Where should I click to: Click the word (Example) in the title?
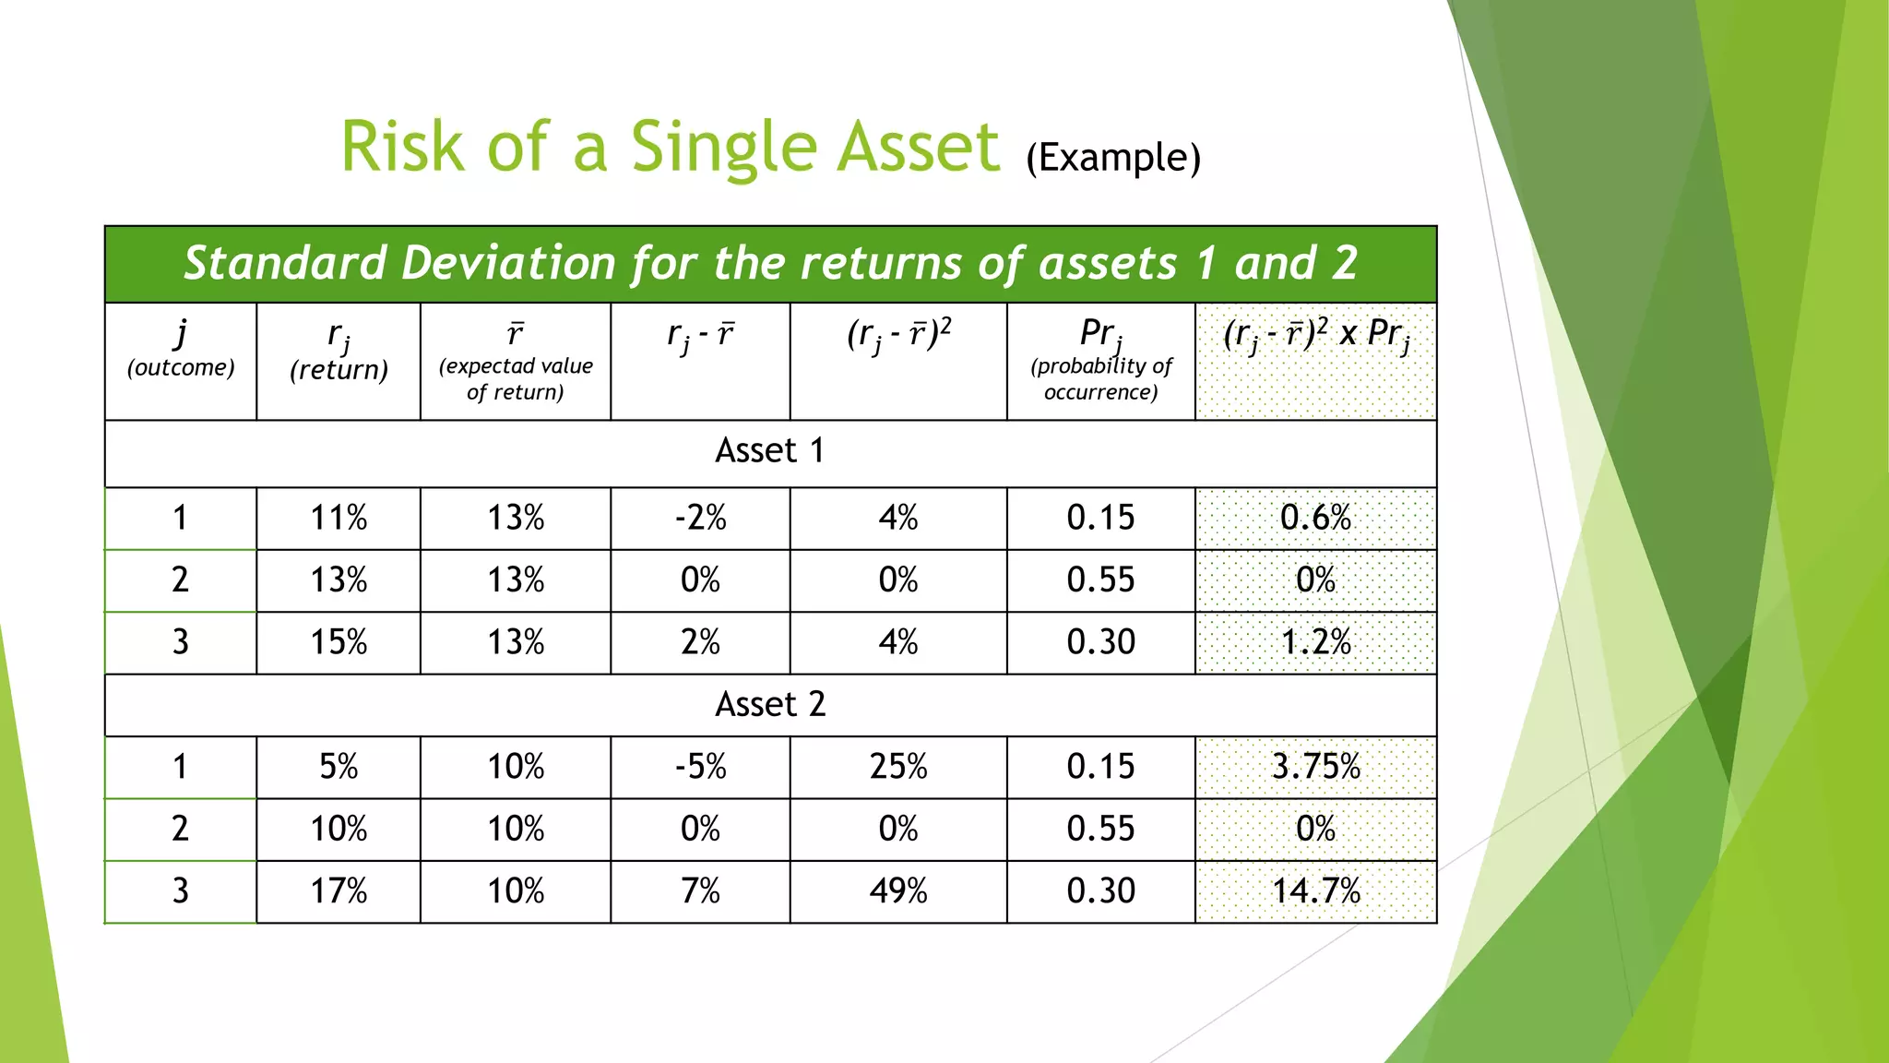1113,158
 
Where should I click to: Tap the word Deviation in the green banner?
508,263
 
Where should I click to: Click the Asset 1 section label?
769,451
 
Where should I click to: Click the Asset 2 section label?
769,705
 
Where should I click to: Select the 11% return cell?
339,518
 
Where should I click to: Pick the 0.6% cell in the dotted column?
1315,518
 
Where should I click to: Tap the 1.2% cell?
1315,642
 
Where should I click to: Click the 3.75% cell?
1315,767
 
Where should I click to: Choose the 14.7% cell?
1315,891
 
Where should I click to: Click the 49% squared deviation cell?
897,891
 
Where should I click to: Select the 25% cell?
897,767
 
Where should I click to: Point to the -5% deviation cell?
700,767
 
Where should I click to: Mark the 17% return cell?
339,891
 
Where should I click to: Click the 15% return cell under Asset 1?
339,642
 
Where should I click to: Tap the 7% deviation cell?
700,891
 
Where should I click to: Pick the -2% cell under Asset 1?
700,518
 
